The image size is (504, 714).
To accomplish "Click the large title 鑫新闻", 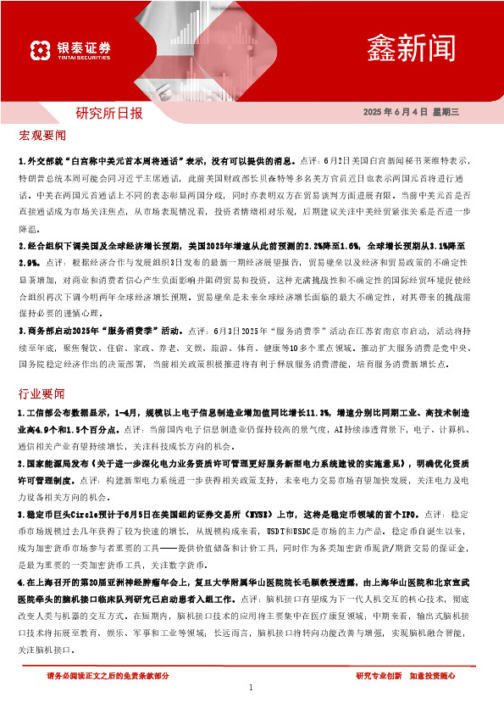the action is pos(412,47).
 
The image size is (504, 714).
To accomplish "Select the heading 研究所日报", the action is pos(109,113).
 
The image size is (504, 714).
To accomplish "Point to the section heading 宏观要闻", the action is pos(42,136).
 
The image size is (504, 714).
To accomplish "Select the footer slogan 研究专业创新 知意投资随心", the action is pos(406,676).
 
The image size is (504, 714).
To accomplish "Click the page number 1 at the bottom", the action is pos(252,688).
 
